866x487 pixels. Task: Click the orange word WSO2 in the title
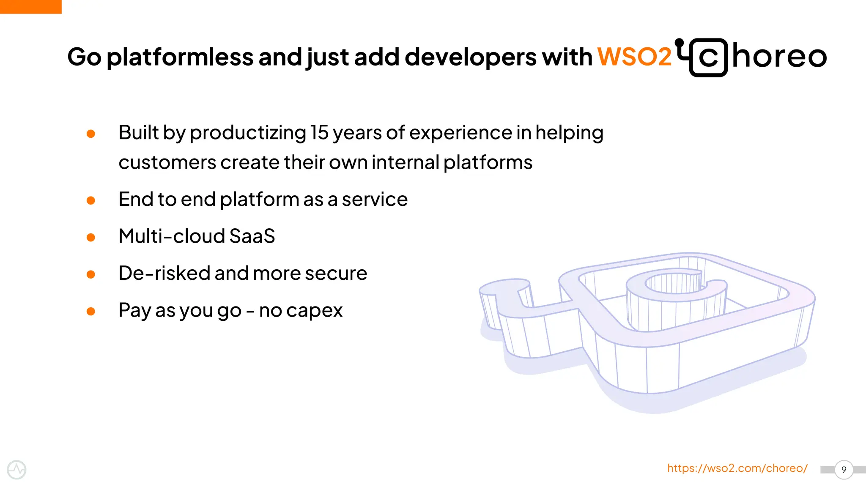[x=634, y=57]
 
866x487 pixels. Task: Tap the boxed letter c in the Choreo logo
[x=708, y=58]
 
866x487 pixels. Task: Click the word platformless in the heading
[x=180, y=57]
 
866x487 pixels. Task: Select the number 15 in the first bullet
[x=319, y=133]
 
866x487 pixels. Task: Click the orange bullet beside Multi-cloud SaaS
[x=90, y=237]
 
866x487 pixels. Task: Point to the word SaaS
[x=252, y=236]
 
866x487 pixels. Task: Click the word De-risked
[x=164, y=273]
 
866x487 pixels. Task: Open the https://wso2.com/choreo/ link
[x=737, y=468]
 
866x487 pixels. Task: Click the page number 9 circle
[x=844, y=470]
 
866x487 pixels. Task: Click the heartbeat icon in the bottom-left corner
[x=16, y=470]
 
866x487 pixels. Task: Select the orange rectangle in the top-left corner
[x=30, y=7]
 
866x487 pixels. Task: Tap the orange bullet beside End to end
[x=90, y=200]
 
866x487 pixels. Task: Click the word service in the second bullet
[x=375, y=200]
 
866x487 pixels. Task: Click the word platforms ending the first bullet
[x=488, y=163]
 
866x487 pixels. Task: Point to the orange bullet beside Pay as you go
[x=90, y=312]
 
